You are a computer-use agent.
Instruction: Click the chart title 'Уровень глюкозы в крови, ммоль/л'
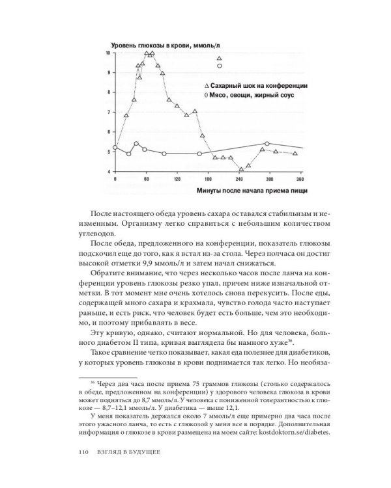tap(167, 44)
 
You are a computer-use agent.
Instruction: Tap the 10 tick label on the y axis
tap(108, 53)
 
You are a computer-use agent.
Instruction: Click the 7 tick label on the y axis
tap(109, 112)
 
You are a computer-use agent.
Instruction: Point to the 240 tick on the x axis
tap(239, 178)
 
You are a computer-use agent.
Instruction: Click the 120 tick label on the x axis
tap(177, 178)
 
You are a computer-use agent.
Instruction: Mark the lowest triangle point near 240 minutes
tap(241, 169)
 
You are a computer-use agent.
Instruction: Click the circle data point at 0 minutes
tap(115, 148)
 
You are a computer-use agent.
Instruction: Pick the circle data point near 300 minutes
tap(267, 143)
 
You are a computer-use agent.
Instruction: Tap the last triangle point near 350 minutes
tap(295, 154)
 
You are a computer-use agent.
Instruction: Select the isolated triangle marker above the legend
tap(220, 59)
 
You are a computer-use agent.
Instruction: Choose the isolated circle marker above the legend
tap(220, 66)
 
